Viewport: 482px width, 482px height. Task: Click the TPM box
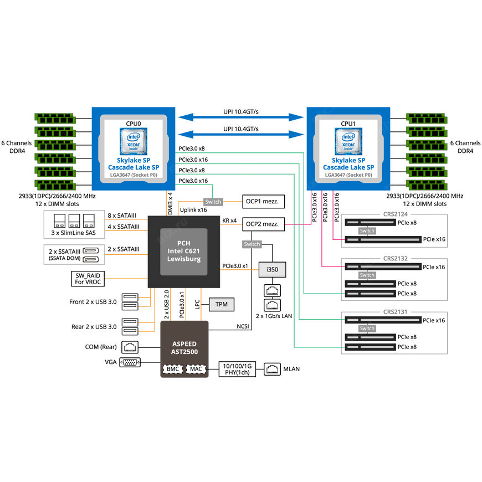(x=221, y=304)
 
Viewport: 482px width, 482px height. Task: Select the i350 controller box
(x=272, y=269)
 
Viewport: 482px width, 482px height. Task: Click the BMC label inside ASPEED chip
(x=172, y=368)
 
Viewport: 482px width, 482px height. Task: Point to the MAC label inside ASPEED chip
(x=196, y=368)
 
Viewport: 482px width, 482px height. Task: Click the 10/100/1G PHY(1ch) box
(x=237, y=368)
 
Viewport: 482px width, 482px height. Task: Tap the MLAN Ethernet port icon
(x=273, y=368)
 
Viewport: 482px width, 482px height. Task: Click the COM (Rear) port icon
(x=130, y=347)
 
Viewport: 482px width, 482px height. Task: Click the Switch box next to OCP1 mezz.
(x=213, y=202)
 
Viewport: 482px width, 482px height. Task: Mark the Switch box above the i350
(x=252, y=244)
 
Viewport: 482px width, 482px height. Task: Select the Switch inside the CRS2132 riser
(x=367, y=275)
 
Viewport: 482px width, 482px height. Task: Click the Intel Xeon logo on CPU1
(x=348, y=141)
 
